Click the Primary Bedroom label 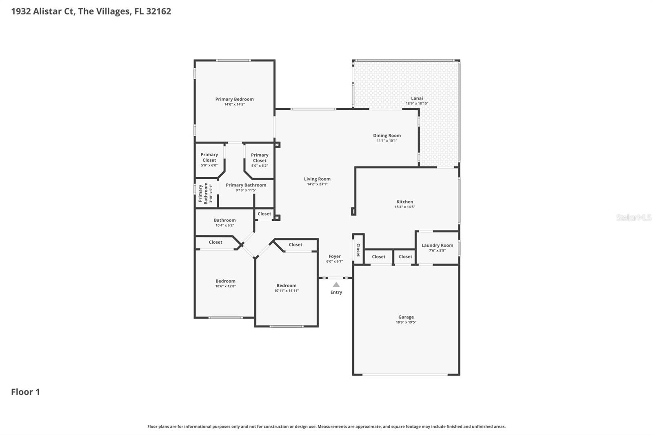(234, 99)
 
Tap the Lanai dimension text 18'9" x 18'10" (417, 104)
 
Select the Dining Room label (386, 135)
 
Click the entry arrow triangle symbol (336, 284)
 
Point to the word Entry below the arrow (336, 292)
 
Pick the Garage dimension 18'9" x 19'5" (406, 322)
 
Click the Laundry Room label (437, 245)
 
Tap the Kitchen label (404, 202)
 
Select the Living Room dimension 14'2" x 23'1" (317, 184)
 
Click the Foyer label (334, 256)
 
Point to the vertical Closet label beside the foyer (358, 250)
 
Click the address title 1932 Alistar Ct (91, 11)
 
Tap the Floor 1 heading (25, 392)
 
